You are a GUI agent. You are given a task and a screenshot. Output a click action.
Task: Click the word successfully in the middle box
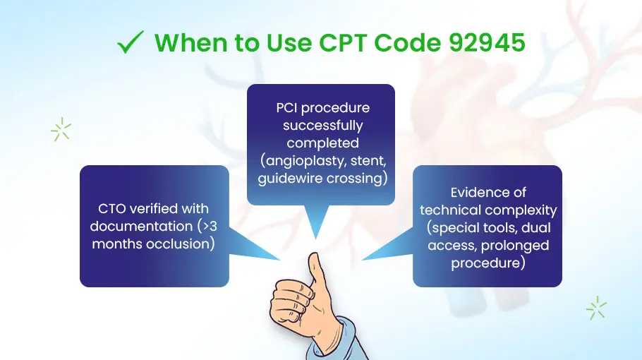click(x=323, y=126)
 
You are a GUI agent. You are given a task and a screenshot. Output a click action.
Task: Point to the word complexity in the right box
click(x=520, y=210)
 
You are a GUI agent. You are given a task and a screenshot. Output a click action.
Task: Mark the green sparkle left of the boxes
click(x=61, y=130)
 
